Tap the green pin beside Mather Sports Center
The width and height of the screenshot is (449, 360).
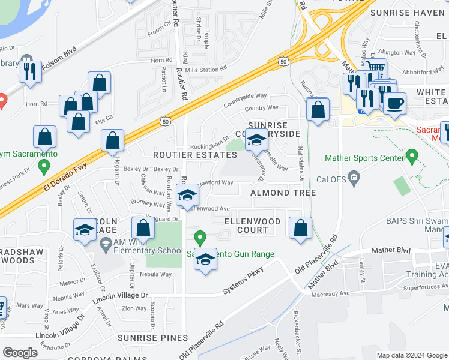click(x=411, y=157)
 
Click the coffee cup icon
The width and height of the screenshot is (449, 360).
click(x=394, y=102)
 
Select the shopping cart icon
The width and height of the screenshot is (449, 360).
click(x=375, y=68)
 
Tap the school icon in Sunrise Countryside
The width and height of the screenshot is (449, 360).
click(x=257, y=141)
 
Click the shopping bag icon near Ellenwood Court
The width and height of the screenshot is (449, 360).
click(x=300, y=228)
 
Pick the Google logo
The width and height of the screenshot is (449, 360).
click(x=20, y=353)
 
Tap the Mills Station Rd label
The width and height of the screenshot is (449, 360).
click(x=206, y=68)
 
